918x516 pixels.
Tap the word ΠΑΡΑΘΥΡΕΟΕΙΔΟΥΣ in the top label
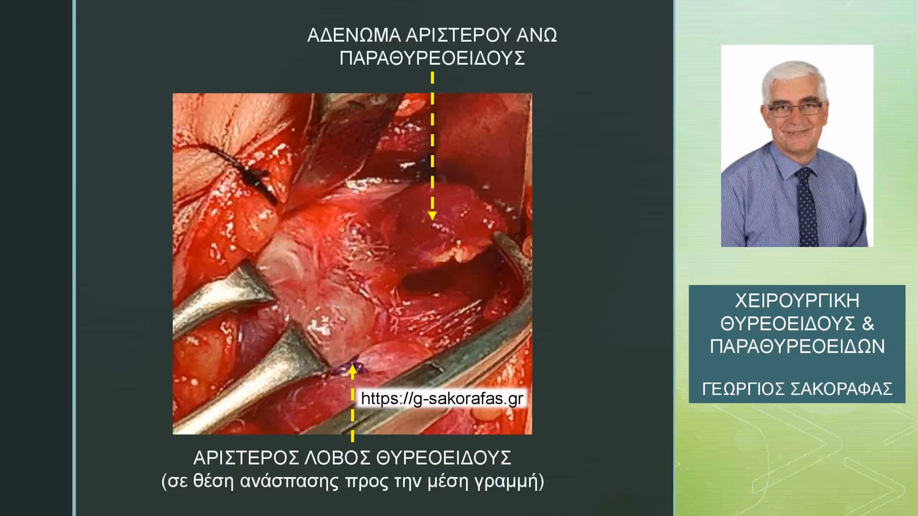(432, 58)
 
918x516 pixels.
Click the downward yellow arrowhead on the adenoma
(432, 215)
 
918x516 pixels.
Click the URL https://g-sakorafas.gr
(442, 398)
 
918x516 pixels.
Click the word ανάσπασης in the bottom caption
(289, 482)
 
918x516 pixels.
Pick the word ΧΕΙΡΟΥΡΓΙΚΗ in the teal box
(797, 301)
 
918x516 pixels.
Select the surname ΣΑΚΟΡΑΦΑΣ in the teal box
(842, 388)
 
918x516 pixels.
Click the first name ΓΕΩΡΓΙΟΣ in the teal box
(743, 388)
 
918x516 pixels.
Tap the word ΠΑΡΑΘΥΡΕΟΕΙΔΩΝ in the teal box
(797, 347)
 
